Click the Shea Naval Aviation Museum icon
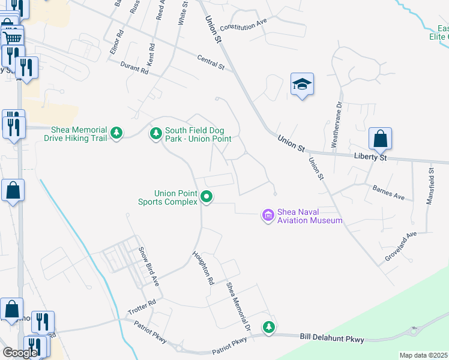pos(268,214)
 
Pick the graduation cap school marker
pos(302,85)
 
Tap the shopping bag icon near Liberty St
pos(380,139)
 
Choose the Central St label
pos(210,62)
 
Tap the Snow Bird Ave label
pos(148,266)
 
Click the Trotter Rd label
pos(142,308)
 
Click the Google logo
pos(20,352)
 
